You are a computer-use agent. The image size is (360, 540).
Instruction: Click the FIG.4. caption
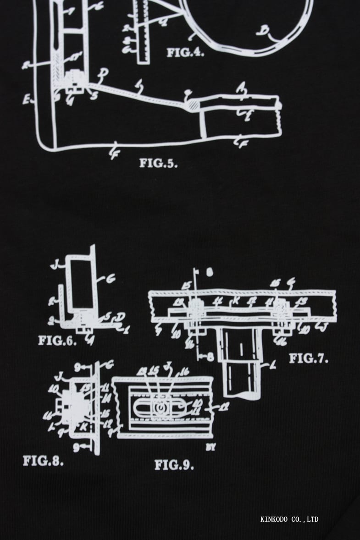(x=185, y=52)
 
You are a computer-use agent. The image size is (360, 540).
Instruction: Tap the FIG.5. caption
(x=158, y=163)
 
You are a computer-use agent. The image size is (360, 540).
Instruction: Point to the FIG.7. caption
(x=308, y=358)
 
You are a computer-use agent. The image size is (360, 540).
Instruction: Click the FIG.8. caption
(x=43, y=461)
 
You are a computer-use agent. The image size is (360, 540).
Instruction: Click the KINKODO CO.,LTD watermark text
(x=289, y=519)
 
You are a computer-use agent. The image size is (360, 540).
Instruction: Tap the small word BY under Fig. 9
(x=211, y=448)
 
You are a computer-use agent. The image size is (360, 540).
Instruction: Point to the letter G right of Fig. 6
(x=111, y=277)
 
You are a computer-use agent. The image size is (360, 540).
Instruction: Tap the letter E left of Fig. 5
(x=26, y=98)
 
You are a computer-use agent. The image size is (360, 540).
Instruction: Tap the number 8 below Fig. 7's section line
(x=210, y=356)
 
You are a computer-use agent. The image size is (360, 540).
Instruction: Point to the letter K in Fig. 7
(x=236, y=301)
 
